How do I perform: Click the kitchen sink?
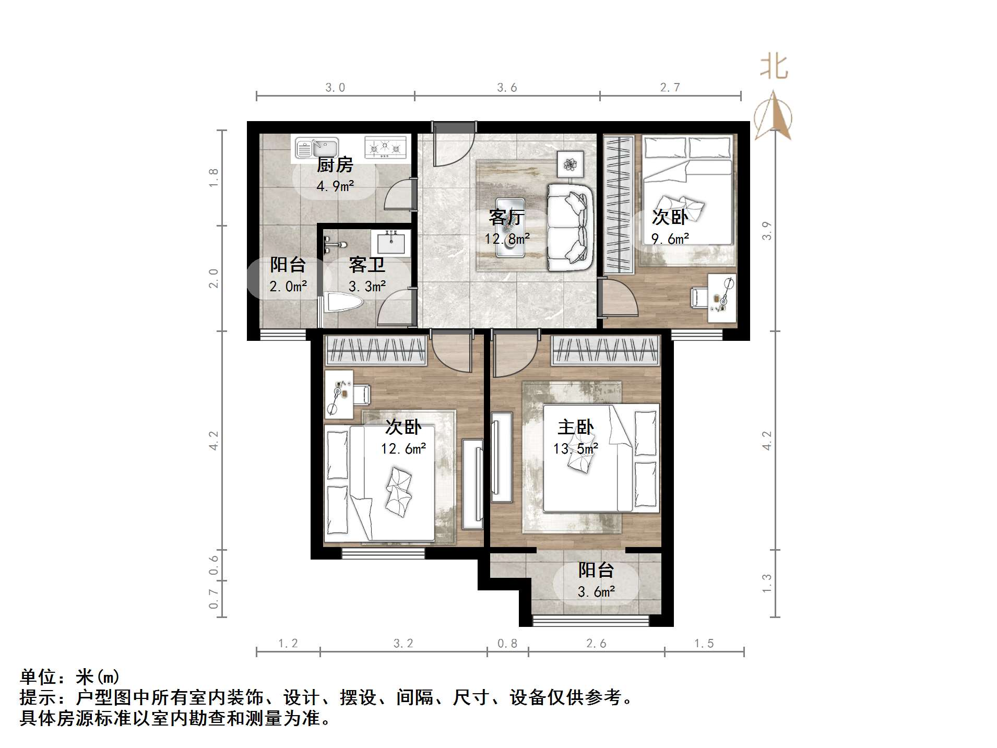316,147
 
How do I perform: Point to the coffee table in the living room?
510,227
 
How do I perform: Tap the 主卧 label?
575,428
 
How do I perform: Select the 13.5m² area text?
575,448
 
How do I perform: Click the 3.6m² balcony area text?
596,592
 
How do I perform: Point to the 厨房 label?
335,165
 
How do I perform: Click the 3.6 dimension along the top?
507,88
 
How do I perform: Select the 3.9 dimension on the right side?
766,230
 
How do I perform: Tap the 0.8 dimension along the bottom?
507,644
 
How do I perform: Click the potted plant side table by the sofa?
570,164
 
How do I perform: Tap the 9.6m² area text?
670,239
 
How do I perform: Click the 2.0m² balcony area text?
288,286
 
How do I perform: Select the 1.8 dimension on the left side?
213,178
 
